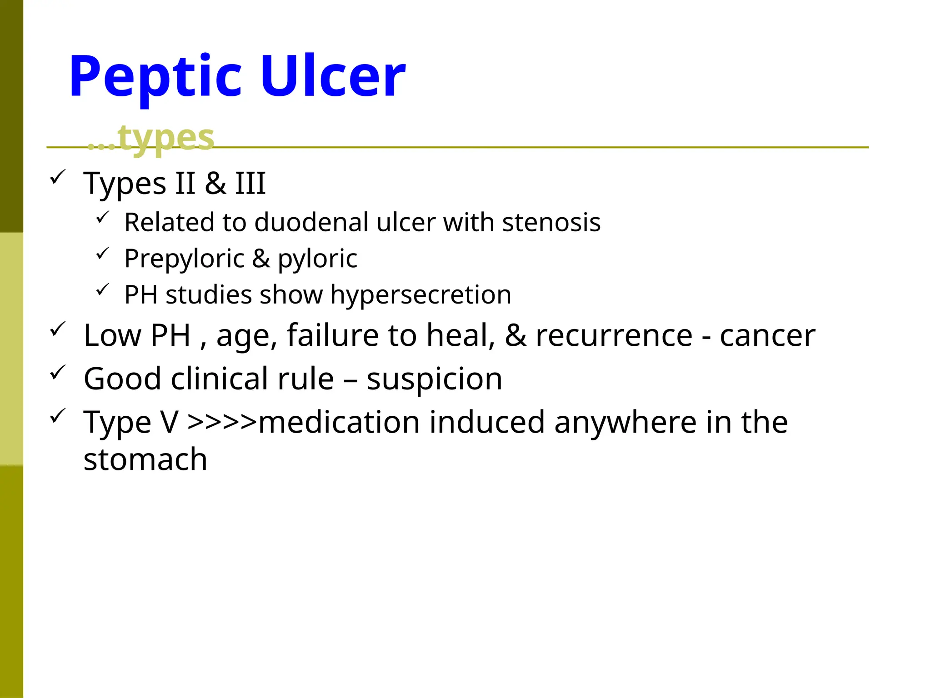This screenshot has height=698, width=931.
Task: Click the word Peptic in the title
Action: pyautogui.click(x=155, y=77)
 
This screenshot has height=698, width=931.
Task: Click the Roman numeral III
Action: pyautogui.click(x=250, y=184)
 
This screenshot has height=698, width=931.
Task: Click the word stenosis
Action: pyautogui.click(x=551, y=223)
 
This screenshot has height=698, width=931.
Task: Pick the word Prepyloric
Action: pyautogui.click(x=184, y=259)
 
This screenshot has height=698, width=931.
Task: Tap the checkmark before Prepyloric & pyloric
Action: pyautogui.click(x=102, y=253)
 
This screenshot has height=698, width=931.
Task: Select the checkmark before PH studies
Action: pyautogui.click(x=102, y=289)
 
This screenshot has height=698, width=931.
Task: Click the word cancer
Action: pyautogui.click(x=767, y=336)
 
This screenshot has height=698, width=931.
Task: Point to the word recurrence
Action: pyautogui.click(x=614, y=336)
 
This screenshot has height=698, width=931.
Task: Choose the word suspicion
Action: pyautogui.click(x=434, y=379)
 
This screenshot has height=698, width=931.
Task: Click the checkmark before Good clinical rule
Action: pyautogui.click(x=58, y=372)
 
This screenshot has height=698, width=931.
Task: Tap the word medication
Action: pyautogui.click(x=339, y=422)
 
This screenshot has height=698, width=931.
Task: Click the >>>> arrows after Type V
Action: pyautogui.click(x=222, y=422)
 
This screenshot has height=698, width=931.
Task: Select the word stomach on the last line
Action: pyautogui.click(x=145, y=459)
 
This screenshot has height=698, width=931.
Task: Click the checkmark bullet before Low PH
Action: pyautogui.click(x=58, y=329)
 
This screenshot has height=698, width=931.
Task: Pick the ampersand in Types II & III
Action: pyautogui.click(x=215, y=184)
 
